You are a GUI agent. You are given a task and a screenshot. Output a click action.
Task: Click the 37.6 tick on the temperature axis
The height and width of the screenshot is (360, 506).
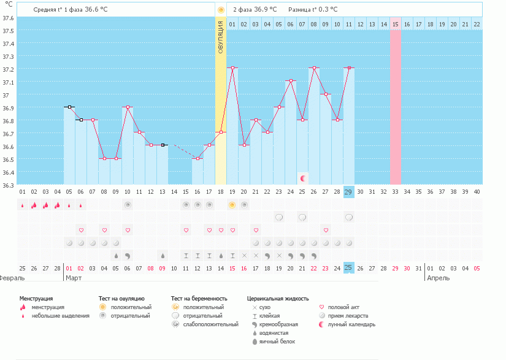(x=7, y=18)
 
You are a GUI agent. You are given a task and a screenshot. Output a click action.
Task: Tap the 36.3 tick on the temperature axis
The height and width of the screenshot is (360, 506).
(x=7, y=185)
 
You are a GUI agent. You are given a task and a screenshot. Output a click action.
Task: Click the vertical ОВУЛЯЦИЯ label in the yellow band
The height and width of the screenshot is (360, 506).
(x=221, y=37)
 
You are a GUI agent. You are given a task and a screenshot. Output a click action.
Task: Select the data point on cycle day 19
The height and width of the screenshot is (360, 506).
(x=232, y=68)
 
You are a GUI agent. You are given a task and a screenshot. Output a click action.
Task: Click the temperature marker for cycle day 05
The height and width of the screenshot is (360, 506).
(x=69, y=107)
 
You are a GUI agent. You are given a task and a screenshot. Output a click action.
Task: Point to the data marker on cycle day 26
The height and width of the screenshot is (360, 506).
(x=314, y=68)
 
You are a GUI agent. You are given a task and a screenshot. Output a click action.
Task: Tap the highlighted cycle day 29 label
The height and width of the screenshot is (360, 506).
(x=349, y=192)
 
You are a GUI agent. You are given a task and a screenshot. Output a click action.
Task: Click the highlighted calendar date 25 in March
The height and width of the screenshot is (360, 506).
(x=349, y=268)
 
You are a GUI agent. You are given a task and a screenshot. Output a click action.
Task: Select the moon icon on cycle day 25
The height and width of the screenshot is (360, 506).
(x=302, y=178)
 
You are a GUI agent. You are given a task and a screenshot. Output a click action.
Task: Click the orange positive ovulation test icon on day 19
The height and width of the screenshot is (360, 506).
(x=232, y=205)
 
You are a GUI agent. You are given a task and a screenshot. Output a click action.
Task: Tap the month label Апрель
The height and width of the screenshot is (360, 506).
(x=439, y=278)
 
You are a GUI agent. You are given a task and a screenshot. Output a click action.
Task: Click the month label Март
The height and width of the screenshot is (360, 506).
(x=74, y=278)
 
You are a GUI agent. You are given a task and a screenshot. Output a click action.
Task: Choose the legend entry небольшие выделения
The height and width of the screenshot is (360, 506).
(x=60, y=316)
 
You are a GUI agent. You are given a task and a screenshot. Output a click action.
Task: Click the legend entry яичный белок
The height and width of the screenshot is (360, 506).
(x=275, y=341)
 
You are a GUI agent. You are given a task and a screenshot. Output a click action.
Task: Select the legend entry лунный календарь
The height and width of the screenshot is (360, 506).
(x=351, y=324)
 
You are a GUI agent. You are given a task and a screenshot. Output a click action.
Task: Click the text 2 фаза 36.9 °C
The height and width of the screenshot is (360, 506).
(x=255, y=10)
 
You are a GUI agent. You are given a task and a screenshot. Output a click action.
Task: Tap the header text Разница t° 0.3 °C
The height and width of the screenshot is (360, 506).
(x=313, y=10)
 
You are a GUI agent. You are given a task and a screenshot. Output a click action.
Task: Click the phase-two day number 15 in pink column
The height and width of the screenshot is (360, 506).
(x=396, y=24)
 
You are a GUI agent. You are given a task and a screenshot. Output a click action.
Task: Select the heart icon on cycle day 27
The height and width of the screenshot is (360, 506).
(x=326, y=230)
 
